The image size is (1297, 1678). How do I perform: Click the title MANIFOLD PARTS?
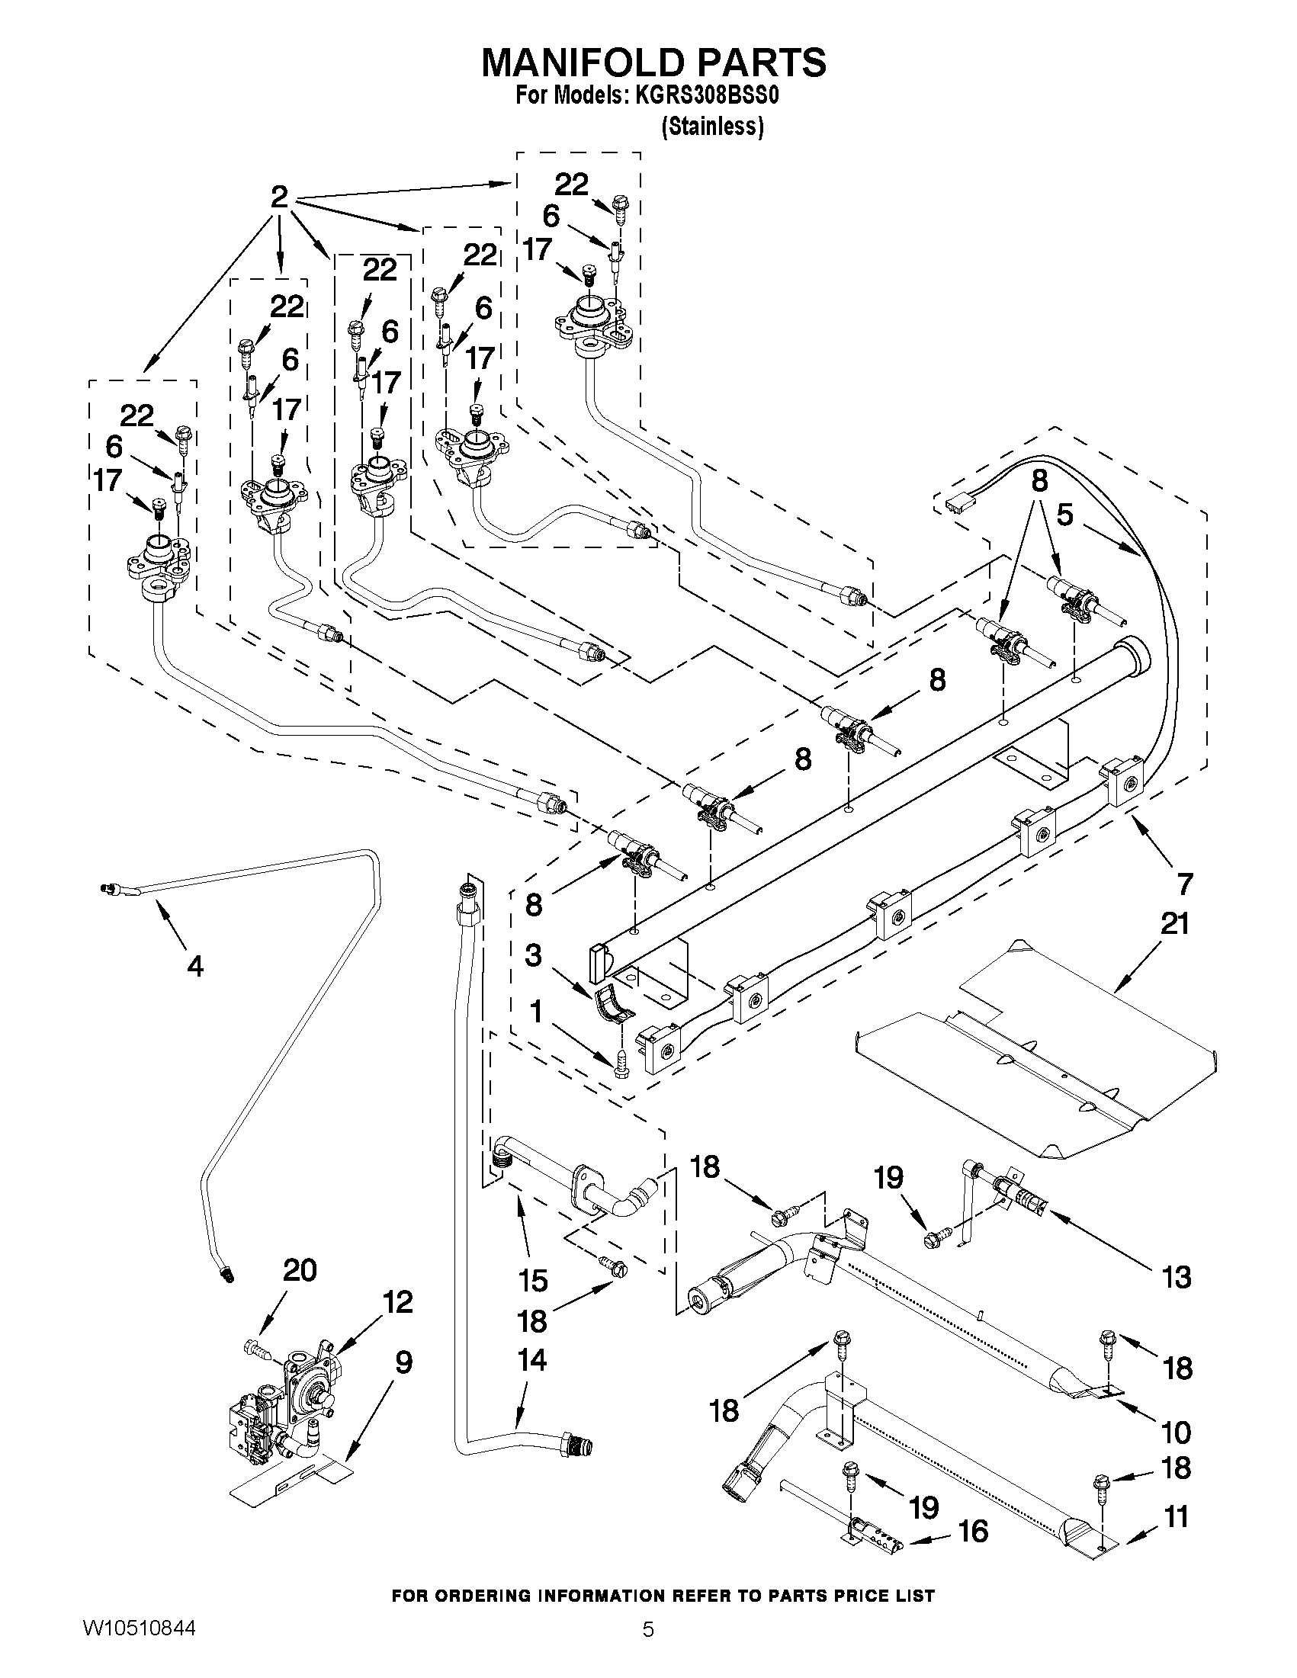tap(654, 62)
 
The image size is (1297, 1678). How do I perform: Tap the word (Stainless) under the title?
tap(712, 127)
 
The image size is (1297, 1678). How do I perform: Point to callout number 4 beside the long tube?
tap(195, 967)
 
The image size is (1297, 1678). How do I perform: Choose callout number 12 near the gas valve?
tap(396, 1301)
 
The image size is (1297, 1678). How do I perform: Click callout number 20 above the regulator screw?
tap(299, 1270)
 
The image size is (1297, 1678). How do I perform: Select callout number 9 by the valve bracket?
tap(403, 1362)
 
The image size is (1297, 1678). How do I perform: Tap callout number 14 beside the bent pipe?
tap(531, 1360)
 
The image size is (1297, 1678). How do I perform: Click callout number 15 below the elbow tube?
tap(532, 1280)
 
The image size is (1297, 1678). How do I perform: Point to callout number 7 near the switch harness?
tap(1184, 884)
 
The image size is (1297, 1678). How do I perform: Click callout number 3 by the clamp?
tap(533, 956)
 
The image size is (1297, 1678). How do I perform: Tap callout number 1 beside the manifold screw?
tap(535, 1012)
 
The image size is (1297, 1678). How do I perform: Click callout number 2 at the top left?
tap(279, 197)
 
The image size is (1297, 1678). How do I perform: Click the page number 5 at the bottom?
tap(648, 1650)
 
